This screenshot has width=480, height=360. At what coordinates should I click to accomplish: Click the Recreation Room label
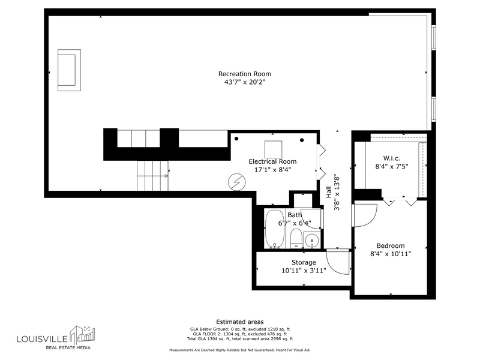tap(245, 74)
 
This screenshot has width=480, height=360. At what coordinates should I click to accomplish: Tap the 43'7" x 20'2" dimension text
tap(245, 82)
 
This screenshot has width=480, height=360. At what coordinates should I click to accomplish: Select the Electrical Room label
tap(272, 161)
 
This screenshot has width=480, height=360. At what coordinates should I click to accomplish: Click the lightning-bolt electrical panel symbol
tap(236, 182)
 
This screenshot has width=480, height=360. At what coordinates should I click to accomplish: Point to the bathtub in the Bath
tap(275, 229)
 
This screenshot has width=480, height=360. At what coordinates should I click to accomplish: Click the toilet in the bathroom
tap(296, 238)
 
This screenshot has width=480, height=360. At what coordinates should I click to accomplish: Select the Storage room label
tap(304, 262)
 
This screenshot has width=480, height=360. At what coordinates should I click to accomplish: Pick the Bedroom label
tap(391, 245)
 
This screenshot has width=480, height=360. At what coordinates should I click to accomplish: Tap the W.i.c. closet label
tap(392, 158)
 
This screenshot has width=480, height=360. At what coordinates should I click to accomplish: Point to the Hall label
tap(328, 192)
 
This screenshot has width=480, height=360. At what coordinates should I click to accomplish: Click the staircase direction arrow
tap(152, 176)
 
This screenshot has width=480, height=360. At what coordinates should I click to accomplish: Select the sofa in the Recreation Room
tap(69, 70)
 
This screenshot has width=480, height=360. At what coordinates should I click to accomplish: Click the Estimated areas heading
tap(239, 322)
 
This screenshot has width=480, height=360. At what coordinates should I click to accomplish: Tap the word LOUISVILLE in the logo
tap(42, 339)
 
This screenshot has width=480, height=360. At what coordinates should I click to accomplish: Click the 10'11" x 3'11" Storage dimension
tap(304, 271)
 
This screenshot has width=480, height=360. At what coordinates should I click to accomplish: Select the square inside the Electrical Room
tap(273, 149)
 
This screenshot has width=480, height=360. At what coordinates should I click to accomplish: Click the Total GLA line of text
tap(239, 339)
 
